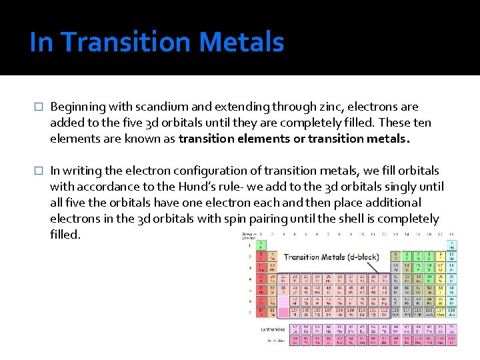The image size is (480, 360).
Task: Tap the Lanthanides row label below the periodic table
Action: [x=272, y=329]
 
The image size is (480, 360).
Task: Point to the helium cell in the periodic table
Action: [x=452, y=245]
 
